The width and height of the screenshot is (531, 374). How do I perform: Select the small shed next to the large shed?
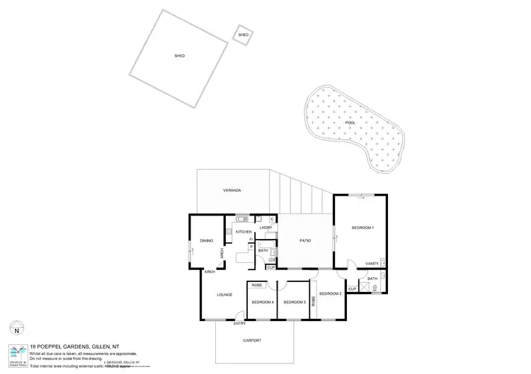[x=243, y=35]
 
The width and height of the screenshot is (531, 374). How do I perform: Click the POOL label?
[x=350, y=122]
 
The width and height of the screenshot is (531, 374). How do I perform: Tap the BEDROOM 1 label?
[x=362, y=227]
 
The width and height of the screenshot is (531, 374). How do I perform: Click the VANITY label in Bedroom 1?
[x=372, y=264]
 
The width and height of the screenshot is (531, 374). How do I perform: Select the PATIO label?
[x=305, y=241]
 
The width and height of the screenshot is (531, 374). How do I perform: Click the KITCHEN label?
[x=244, y=232]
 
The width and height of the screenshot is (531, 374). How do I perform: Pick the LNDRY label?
[x=265, y=228]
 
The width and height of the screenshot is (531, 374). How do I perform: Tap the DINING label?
[x=206, y=241]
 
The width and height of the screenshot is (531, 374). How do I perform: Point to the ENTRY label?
[x=239, y=324]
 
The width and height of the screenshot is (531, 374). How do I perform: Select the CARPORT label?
[x=251, y=341]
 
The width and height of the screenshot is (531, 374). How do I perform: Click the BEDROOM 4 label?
[x=263, y=303]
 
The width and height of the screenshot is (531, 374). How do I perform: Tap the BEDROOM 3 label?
[x=294, y=303]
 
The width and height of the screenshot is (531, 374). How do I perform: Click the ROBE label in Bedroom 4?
[x=257, y=285]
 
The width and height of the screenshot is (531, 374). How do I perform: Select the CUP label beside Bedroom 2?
[x=352, y=288]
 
